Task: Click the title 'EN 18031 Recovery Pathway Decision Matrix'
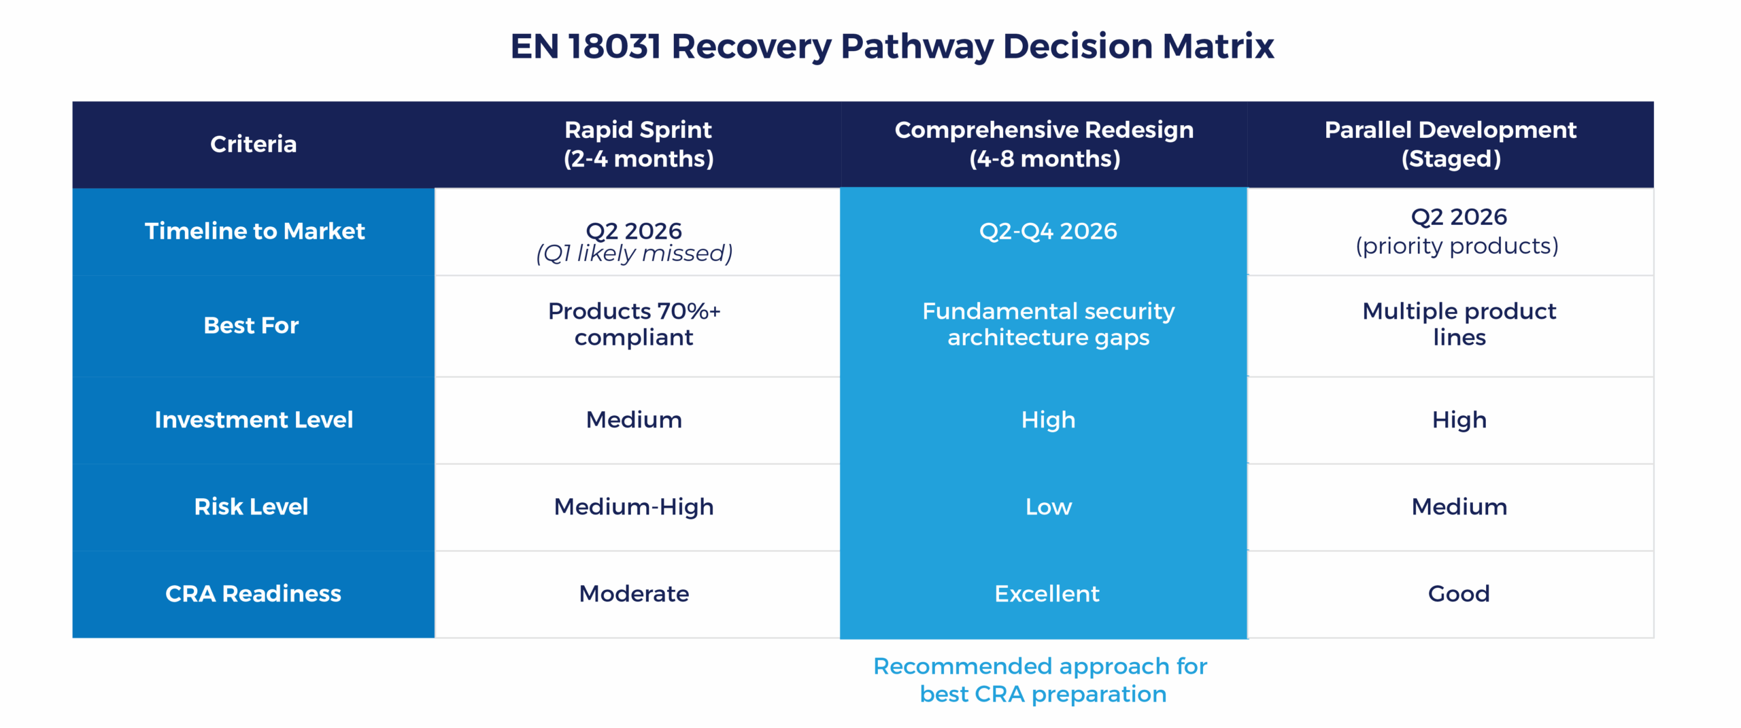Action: pyautogui.click(x=892, y=46)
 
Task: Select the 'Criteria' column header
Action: pyautogui.click(x=253, y=144)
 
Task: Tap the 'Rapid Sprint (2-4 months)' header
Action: pyautogui.click(x=638, y=144)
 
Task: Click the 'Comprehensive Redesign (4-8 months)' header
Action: pyautogui.click(x=1044, y=144)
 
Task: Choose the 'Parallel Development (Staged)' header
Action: pyautogui.click(x=1450, y=144)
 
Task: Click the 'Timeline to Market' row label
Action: pyautogui.click(x=254, y=231)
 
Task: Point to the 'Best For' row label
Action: pyautogui.click(x=251, y=326)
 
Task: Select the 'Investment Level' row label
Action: pyautogui.click(x=254, y=420)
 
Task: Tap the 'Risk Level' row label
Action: pyautogui.click(x=251, y=507)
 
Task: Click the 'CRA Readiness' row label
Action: pyautogui.click(x=253, y=594)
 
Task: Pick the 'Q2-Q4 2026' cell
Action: pyautogui.click(x=1048, y=231)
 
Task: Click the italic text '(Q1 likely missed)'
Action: pyautogui.click(x=634, y=254)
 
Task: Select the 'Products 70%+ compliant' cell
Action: pyautogui.click(x=634, y=324)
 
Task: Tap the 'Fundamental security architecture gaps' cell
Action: pyautogui.click(x=1048, y=324)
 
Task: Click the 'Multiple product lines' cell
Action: pyautogui.click(x=1459, y=324)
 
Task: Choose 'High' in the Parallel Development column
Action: pyautogui.click(x=1459, y=420)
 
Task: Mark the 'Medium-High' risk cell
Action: pyautogui.click(x=634, y=507)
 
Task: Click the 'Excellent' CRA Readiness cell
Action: pyautogui.click(x=1047, y=594)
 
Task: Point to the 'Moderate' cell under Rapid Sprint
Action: pyautogui.click(x=634, y=594)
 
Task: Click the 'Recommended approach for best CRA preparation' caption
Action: pyautogui.click(x=1041, y=680)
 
